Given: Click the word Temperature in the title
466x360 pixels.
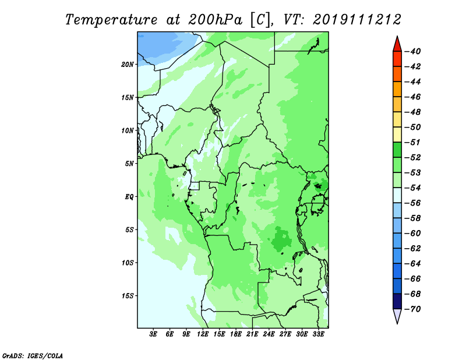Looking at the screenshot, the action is point(111,20).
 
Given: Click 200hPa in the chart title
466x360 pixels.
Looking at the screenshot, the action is point(215,20).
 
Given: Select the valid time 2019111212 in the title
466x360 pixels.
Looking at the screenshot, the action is point(356,20).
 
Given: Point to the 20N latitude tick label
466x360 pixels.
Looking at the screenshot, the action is point(128,65).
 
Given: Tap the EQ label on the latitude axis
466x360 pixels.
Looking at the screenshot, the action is point(129,197).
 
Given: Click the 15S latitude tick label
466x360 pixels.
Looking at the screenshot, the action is point(128,296).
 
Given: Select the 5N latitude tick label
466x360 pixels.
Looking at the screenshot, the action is point(129,164).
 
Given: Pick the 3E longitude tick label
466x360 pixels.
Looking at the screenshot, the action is point(153,334).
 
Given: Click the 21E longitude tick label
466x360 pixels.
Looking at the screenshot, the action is point(252,334).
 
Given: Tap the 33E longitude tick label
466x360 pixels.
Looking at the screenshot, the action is point(318,334).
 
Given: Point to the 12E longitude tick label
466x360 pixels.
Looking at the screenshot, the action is point(202,334).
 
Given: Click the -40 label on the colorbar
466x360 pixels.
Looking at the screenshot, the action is point(413,51).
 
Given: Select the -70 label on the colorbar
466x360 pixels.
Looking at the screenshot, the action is point(413,309).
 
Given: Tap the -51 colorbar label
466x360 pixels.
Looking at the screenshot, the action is point(413,142).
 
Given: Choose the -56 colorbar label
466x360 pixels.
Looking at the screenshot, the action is point(413,203).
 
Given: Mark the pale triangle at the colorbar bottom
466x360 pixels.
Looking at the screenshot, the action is point(397,315).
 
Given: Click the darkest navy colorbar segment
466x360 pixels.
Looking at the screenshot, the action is point(397,301).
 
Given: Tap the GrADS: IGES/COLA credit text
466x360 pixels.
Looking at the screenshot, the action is point(33,356).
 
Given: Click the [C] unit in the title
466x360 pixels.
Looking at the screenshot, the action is point(260,20).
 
